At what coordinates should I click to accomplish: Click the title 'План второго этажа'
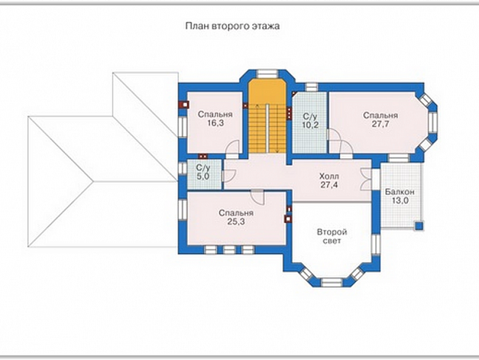pos(233,26)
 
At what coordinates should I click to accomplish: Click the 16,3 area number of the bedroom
pos(215,123)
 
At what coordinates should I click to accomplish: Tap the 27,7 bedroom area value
pos(380,124)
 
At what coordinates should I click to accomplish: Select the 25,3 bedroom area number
pos(236,222)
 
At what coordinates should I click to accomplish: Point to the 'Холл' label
pos(329,176)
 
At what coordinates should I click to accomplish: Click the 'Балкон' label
pos(399,192)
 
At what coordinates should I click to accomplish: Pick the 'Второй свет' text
pos(332,236)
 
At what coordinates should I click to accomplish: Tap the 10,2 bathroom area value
pos(311,125)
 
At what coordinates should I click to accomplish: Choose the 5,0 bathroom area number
pos(203,176)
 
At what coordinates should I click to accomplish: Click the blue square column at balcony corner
pos(419,225)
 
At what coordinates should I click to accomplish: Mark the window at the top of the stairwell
pos(267,73)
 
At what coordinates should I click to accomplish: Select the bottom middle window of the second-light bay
pos(332,282)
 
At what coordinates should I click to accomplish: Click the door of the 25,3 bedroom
pos(257,197)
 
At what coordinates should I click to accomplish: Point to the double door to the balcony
pos(366,179)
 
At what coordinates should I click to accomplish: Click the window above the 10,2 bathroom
pos(311,87)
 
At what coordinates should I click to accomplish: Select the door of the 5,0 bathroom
pos(228,176)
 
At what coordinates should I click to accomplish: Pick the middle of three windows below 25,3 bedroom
pos(229,250)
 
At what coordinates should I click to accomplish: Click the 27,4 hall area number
pos(329,185)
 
